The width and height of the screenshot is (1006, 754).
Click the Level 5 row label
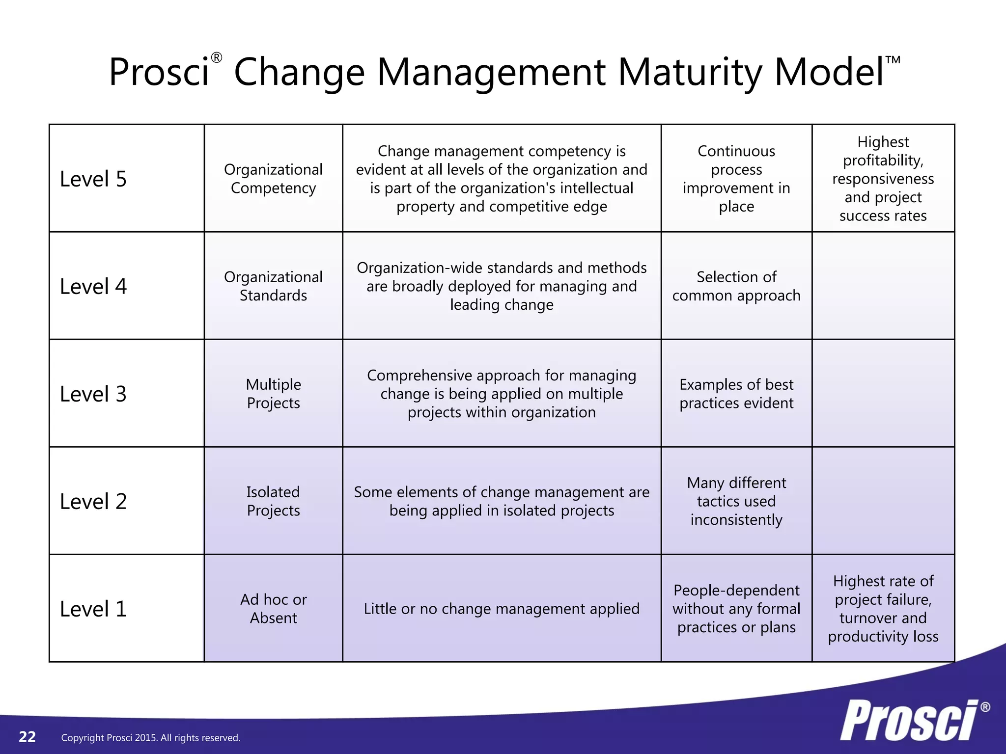pyautogui.click(x=93, y=179)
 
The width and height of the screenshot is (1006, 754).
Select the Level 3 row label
pyautogui.click(x=93, y=394)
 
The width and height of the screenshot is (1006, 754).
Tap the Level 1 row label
pyautogui.click(x=93, y=609)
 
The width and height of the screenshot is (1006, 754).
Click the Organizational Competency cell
pyautogui.click(x=273, y=179)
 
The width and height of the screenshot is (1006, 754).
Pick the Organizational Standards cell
pyautogui.click(x=273, y=286)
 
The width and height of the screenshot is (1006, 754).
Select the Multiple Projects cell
pyautogui.click(x=273, y=394)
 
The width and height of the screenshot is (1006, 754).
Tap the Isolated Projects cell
pyautogui.click(x=273, y=501)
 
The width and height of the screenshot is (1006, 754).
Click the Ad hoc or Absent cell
pyautogui.click(x=273, y=609)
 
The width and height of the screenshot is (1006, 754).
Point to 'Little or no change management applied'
pyautogui.click(x=502, y=609)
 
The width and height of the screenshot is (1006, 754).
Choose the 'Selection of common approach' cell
pyautogui.click(x=736, y=286)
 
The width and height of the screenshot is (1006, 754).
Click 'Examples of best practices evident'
pyautogui.click(x=736, y=394)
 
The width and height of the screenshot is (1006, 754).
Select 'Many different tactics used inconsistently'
pyautogui.click(x=736, y=501)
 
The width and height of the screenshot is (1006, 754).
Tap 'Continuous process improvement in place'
pyautogui.click(x=736, y=179)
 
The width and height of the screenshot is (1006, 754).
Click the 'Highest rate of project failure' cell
pyautogui.click(x=883, y=609)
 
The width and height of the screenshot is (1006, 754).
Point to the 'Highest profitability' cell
pyautogui.click(x=883, y=179)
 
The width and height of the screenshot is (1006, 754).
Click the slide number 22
pyautogui.click(x=28, y=737)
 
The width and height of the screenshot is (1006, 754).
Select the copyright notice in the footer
pyautogui.click(x=150, y=738)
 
